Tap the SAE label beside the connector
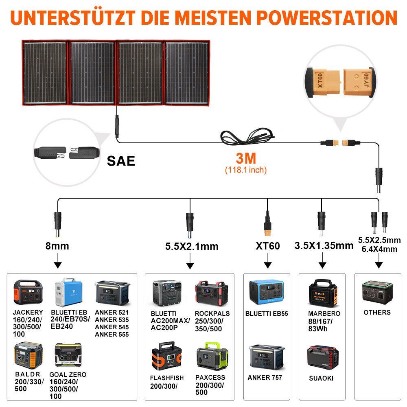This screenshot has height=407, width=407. [121, 161]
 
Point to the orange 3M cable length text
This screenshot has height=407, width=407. [246, 158]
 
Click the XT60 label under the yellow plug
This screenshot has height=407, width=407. [268, 246]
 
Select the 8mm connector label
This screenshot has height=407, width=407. [57, 246]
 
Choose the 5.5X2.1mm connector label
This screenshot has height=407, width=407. [192, 246]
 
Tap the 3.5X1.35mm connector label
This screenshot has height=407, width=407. [324, 245]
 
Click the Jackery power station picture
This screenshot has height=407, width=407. [28, 292]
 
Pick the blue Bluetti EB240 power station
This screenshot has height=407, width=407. [68, 292]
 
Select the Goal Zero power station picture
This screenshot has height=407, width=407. [68, 355]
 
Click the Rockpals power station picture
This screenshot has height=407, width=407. [212, 293]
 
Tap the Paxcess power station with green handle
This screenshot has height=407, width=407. [212, 356]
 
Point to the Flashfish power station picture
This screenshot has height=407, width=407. [166, 356]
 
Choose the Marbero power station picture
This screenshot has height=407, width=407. [323, 293]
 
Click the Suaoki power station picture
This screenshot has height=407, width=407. [323, 357]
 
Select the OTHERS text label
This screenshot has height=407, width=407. [377, 312]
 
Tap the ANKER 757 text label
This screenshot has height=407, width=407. [265, 377]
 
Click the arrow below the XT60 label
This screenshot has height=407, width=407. [268, 260]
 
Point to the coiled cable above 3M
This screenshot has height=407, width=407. [247, 136]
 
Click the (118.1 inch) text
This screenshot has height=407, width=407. [246, 170]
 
